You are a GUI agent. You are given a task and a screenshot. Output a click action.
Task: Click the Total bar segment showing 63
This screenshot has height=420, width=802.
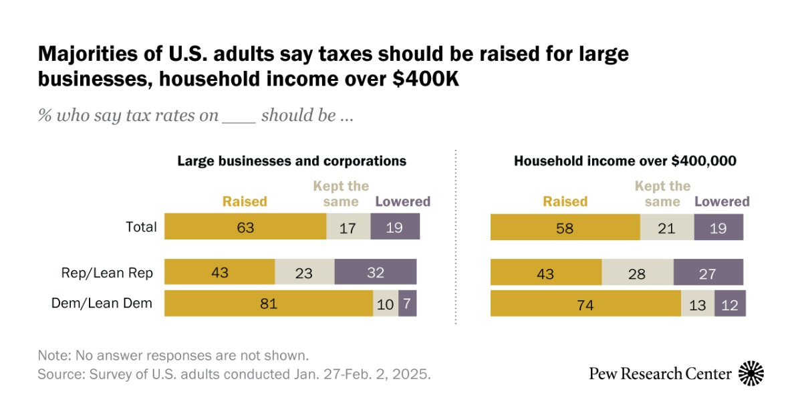pyautogui.click(x=245, y=227)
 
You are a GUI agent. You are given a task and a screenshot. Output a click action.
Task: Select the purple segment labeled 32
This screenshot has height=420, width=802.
pyautogui.click(x=375, y=272)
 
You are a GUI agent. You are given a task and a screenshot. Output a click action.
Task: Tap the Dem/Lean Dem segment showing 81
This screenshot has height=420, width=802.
pyautogui.click(x=269, y=304)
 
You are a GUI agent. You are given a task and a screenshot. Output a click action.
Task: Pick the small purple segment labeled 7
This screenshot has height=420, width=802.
pyautogui.click(x=408, y=304)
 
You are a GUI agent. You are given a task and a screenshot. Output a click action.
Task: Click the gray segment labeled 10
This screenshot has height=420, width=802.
pyautogui.click(x=386, y=304)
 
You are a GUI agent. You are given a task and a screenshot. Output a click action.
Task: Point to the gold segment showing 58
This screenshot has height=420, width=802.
pyautogui.click(x=565, y=227)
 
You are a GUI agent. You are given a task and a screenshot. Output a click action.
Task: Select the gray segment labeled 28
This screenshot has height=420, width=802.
pyautogui.click(x=638, y=272)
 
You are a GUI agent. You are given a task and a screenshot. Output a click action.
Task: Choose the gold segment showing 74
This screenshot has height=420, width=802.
pyautogui.click(x=585, y=304)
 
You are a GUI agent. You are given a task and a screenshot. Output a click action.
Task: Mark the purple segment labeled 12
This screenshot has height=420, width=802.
pyautogui.click(x=730, y=304)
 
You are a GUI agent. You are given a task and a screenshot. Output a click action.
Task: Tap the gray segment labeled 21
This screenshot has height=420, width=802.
pyautogui.click(x=667, y=227)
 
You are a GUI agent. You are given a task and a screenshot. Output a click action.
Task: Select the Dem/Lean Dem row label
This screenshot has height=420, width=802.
pyautogui.click(x=102, y=304)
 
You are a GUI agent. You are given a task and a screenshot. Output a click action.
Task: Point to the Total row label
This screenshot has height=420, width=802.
pyautogui.click(x=141, y=227)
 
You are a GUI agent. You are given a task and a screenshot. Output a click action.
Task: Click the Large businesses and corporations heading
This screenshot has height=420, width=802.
pyautogui.click(x=291, y=161)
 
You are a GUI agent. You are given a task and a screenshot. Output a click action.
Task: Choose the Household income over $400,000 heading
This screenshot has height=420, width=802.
pyautogui.click(x=625, y=161)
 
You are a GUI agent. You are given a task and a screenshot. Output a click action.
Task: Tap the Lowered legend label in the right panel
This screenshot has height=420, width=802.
pyautogui.click(x=722, y=201)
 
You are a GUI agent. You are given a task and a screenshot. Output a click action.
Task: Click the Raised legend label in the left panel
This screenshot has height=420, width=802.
pyautogui.click(x=245, y=201)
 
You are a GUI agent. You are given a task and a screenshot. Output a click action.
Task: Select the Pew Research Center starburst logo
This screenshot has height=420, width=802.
pyautogui.click(x=751, y=373)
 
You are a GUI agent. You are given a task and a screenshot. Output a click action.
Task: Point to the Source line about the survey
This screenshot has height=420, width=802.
pyautogui.click(x=234, y=374)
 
